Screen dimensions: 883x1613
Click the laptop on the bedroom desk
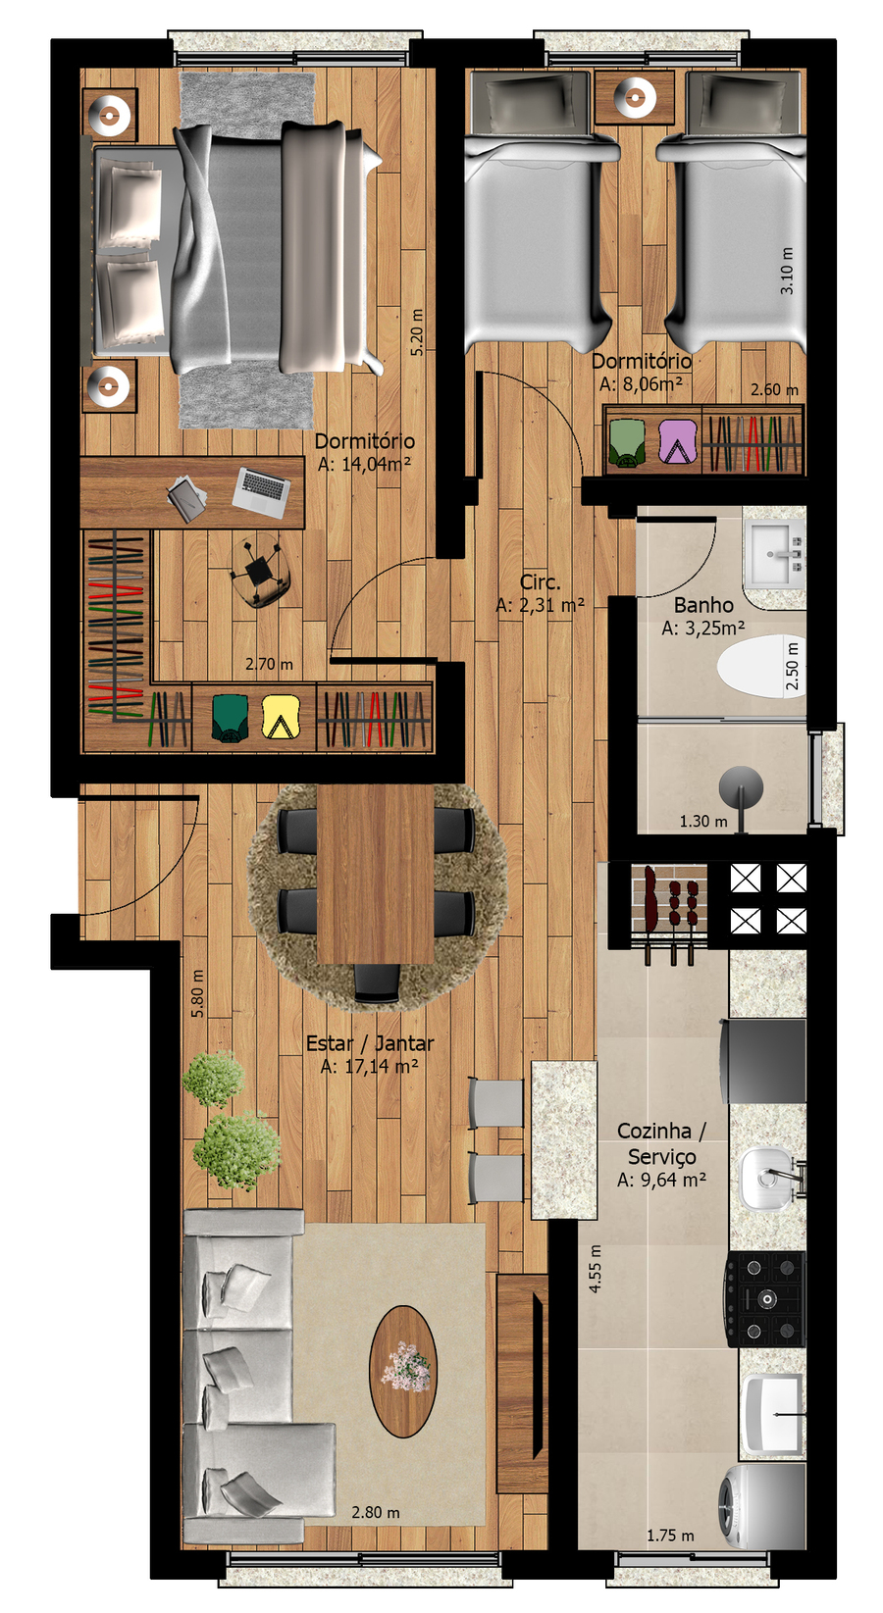261,492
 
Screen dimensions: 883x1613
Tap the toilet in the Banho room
760,666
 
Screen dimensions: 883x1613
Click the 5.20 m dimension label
417,332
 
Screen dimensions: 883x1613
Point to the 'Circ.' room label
541,581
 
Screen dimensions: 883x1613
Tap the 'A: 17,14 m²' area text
370,1066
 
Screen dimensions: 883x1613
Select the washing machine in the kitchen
762,1506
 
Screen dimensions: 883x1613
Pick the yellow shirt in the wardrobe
281,717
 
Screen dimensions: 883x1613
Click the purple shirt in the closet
678,440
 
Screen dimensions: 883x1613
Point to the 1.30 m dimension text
703,821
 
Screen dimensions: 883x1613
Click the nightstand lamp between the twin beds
635,96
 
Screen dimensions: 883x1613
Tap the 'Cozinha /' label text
662,1131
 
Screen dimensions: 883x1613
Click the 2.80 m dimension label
376,1512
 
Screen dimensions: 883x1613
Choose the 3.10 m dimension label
787,271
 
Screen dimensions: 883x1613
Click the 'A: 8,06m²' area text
641,383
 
